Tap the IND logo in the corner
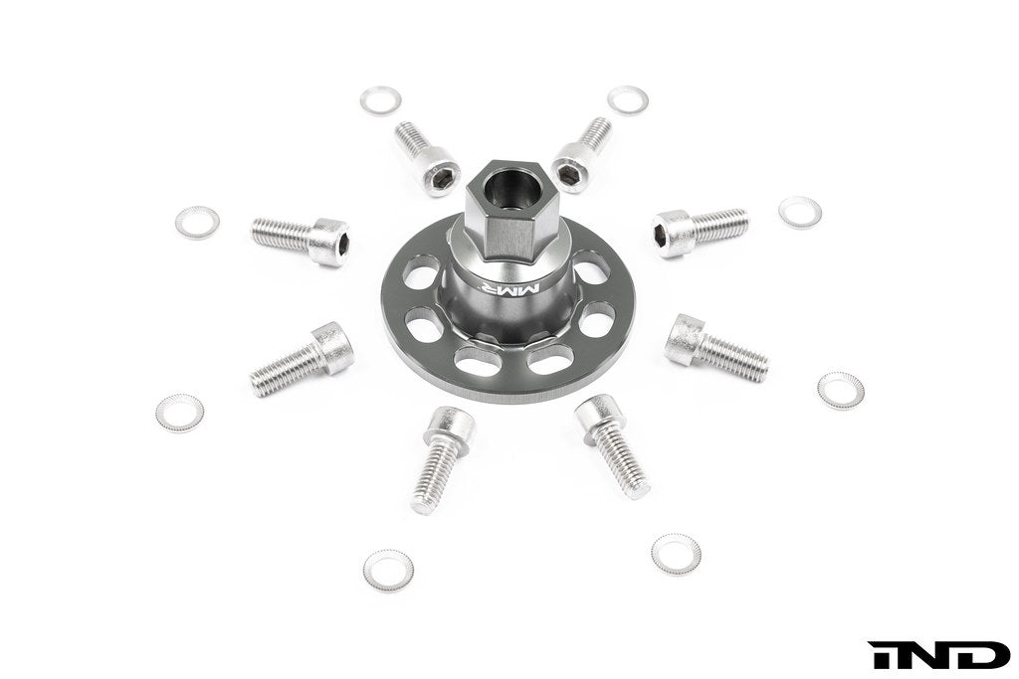tap(938, 655)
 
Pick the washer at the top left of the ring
tap(380, 100)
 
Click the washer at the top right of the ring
tap(628, 99)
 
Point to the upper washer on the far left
tap(197, 222)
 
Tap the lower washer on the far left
tap(179, 412)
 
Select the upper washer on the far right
tap(800, 211)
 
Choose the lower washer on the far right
tap(841, 390)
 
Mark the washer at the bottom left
tap(388, 569)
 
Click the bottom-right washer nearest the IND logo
tap(676, 554)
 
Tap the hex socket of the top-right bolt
tap(570, 175)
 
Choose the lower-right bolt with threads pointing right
tap(716, 348)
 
